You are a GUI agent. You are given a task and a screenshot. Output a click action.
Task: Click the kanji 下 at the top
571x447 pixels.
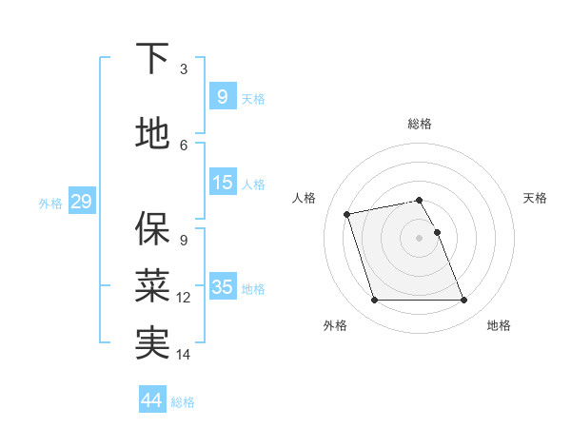tap(153, 58)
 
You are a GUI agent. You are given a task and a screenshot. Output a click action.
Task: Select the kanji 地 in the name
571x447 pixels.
tap(153, 134)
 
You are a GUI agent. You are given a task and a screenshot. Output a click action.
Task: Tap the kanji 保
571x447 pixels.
tap(153, 228)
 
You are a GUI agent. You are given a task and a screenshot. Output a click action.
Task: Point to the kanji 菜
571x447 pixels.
tap(153, 285)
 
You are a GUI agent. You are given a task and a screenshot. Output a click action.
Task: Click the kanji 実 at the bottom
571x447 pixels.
tap(153, 343)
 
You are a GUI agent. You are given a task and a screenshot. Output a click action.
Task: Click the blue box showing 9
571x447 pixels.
tap(222, 96)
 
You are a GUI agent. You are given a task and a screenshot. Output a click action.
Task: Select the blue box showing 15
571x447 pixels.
tap(223, 183)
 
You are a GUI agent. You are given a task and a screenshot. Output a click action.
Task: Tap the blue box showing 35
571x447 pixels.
tap(223, 287)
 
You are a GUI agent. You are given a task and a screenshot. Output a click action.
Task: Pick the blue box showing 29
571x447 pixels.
tap(81, 202)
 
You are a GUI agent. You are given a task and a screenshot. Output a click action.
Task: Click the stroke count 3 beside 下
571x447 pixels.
tap(184, 69)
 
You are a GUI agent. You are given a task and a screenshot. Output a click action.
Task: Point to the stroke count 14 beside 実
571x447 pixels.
tap(184, 355)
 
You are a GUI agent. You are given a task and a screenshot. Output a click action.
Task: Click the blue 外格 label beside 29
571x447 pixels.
tap(49, 203)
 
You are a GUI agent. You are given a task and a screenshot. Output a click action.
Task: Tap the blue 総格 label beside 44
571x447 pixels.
tap(183, 401)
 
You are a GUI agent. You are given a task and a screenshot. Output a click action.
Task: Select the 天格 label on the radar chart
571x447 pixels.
tap(536, 198)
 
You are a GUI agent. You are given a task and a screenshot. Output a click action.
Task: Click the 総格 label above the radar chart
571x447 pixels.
tap(420, 124)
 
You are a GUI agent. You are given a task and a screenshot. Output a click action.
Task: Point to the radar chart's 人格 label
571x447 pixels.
tap(304, 198)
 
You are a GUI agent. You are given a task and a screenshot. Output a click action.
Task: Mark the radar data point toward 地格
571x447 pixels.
tap(463, 301)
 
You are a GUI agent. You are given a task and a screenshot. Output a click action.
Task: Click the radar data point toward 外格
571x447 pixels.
tap(374, 301)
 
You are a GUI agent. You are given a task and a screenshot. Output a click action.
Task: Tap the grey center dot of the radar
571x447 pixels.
tap(419, 238)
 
